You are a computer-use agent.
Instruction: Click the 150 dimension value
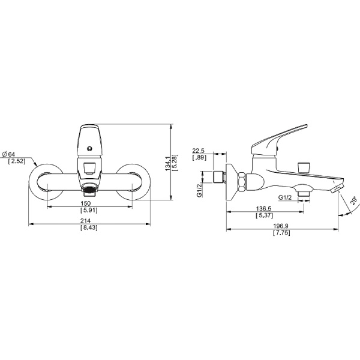coord(86,203)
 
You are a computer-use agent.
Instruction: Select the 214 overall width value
coord(86,221)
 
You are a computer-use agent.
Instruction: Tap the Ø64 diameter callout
coord(9,154)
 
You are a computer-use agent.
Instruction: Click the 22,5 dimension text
coord(199,151)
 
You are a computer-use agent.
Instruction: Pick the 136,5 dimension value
coord(263,208)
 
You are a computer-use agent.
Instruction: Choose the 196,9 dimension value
coord(281,226)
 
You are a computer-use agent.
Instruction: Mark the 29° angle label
coord(353,200)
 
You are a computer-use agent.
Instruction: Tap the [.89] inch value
coord(199,157)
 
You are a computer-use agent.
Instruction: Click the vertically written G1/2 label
coord(199,189)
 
